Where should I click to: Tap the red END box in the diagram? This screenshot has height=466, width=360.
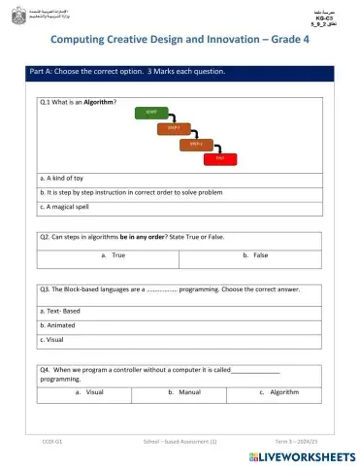(220, 156)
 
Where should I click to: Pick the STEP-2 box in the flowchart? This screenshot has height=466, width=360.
(196, 143)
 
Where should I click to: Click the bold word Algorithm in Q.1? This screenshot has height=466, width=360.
(99, 102)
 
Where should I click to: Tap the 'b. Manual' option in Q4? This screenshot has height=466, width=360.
(184, 392)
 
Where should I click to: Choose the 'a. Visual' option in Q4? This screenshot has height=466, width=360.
(89, 392)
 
